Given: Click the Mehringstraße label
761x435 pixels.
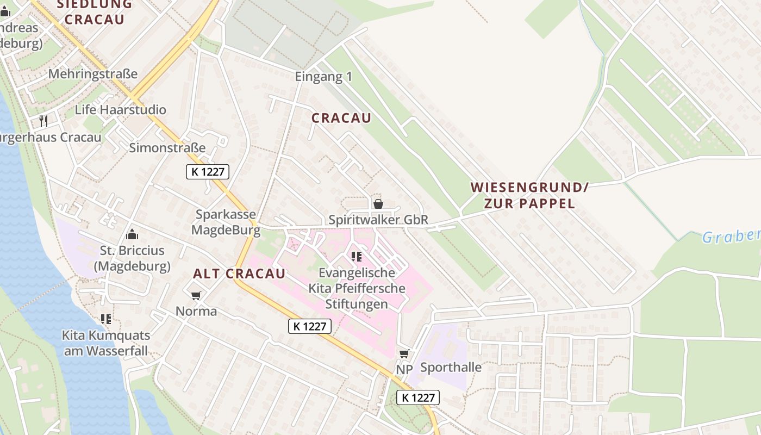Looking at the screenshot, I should [93, 74].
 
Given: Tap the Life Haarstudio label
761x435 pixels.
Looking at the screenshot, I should [121, 110].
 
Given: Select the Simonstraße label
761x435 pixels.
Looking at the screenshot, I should [167, 148].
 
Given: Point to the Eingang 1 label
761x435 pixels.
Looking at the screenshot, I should [323, 77].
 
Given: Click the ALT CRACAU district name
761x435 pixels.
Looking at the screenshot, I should [239, 274].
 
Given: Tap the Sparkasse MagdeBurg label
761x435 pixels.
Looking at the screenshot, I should [226, 222].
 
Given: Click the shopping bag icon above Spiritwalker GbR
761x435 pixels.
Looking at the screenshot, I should [378, 204].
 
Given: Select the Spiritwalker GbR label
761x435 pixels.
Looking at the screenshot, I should [378, 220].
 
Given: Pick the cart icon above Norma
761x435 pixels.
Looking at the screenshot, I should [196, 295].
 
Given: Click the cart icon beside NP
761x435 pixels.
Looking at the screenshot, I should [404, 354].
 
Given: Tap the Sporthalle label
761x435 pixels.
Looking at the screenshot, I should [451, 368].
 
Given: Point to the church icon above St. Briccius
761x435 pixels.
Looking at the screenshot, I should [132, 234].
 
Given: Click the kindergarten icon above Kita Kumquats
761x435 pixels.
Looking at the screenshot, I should [105, 319].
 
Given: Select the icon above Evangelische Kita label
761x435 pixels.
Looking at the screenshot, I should [357, 256].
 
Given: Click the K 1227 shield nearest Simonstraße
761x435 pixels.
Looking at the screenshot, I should [208, 172].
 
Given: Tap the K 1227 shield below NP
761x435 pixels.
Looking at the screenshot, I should [417, 397].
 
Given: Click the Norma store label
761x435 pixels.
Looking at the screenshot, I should [196, 312].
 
